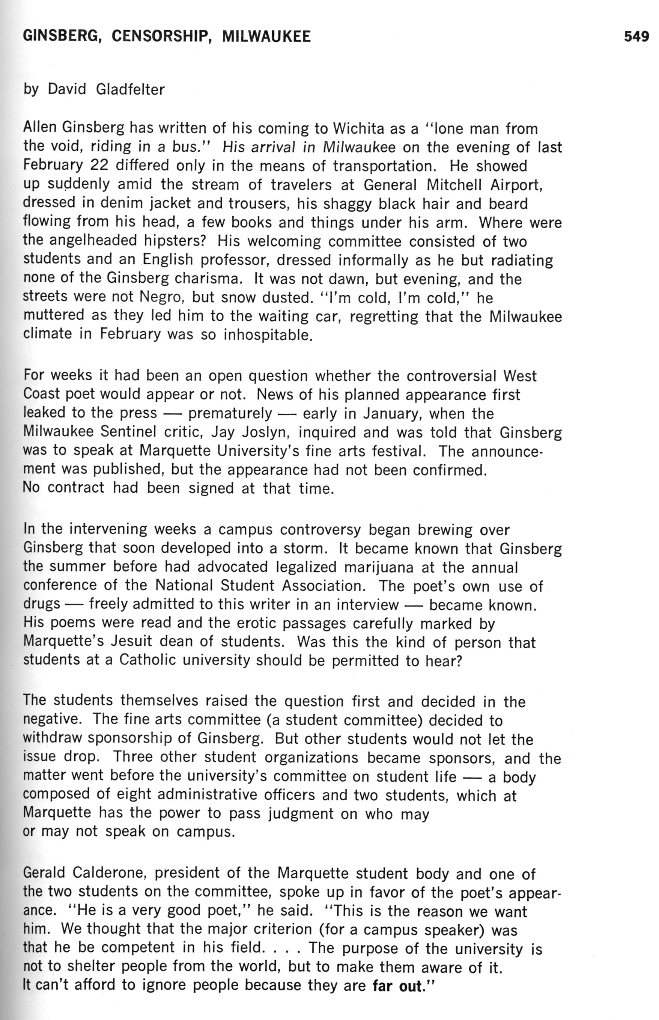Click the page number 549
[x=636, y=37]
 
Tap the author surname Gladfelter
[x=131, y=89]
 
